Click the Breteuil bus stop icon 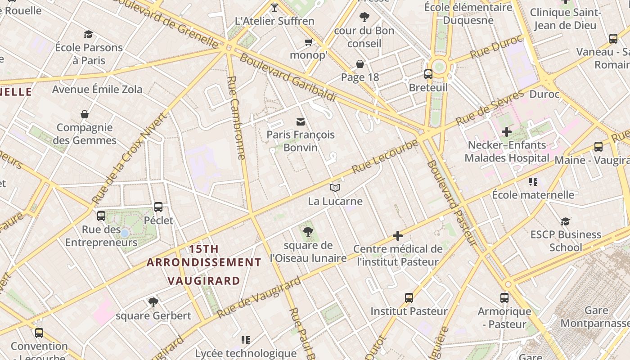coord(428,74)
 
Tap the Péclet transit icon coord(158,207)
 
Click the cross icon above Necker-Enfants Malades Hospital coord(507,132)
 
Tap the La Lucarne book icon coord(335,188)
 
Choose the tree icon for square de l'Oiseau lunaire coord(308,232)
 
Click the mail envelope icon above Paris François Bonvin coord(301,121)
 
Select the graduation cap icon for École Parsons coord(89,34)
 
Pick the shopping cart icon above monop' coord(308,42)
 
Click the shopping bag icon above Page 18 coord(360,64)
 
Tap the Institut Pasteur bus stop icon coord(409,298)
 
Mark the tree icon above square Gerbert coord(153,302)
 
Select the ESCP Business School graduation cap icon coord(566,221)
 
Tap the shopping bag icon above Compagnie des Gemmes coord(85,114)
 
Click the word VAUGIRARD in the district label coord(204,281)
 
